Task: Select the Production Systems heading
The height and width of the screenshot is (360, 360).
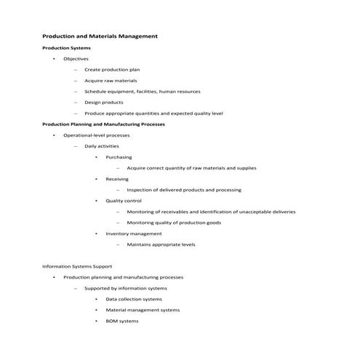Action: tap(66, 47)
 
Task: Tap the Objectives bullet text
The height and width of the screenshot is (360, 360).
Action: tap(76, 58)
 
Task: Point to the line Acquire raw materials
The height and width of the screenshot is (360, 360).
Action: tap(111, 80)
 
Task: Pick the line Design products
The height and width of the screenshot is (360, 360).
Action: tap(103, 103)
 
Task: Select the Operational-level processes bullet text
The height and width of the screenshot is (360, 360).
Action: tap(96, 135)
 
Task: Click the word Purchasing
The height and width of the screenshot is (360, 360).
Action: tap(119, 157)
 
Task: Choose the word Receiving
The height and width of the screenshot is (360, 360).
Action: tap(117, 179)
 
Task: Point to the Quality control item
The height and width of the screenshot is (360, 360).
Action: tap(124, 201)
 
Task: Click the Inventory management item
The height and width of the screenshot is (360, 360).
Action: tap(134, 233)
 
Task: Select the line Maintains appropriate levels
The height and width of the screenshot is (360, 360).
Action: tap(161, 244)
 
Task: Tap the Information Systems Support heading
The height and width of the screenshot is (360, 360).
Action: tap(77, 266)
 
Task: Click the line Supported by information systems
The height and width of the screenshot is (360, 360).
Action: tap(126, 288)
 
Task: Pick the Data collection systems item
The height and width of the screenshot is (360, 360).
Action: tap(134, 299)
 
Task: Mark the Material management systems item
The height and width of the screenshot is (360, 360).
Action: tap(143, 310)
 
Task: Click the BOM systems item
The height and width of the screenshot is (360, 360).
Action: tap(121, 321)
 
